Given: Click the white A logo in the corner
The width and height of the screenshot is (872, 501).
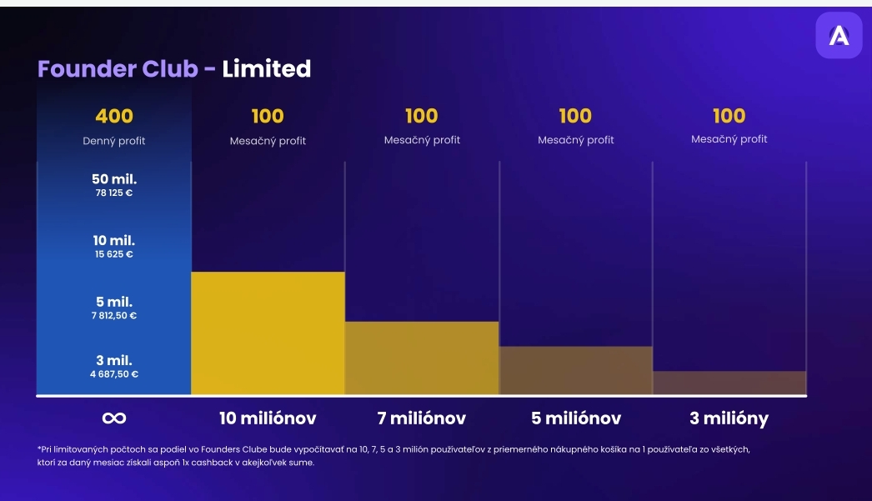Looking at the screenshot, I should coord(839,35).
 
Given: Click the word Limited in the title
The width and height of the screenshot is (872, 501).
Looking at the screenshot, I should coord(266,68).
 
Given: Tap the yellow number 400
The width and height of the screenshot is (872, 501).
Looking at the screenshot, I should coord(114,116).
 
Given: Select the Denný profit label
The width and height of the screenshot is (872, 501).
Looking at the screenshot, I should coord(114,141).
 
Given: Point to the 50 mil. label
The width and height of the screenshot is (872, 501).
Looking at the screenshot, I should coord(114,179).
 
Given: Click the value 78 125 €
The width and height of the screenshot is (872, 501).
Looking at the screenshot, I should coord(114,193).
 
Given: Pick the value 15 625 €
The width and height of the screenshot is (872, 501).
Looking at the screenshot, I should coord(114,254).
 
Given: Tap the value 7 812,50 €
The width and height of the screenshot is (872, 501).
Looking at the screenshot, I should coord(114,316).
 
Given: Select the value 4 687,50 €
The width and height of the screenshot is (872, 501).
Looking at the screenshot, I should coord(114,374).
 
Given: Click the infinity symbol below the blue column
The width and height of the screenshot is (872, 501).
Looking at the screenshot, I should coord(114,418).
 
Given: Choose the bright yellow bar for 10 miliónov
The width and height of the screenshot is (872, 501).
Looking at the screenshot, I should coord(268,333).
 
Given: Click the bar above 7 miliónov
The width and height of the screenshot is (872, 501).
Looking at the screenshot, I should coord(422,358).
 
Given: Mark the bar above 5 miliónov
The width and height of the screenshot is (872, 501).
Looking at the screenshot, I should coord(575,370).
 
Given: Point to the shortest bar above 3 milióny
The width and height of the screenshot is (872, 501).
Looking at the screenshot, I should coord(729,383).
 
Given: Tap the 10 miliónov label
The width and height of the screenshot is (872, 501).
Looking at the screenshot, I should coord(268,418).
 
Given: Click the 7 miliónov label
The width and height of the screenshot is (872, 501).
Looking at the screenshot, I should coord(422,418).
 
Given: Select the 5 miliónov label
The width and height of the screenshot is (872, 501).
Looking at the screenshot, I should coord(575,418).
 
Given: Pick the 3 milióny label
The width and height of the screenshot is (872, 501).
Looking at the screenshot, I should coord(729,418).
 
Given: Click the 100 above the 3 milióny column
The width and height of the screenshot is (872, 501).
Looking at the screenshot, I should coord(729,116).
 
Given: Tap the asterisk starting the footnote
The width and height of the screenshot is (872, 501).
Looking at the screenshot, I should coord(39,448).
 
